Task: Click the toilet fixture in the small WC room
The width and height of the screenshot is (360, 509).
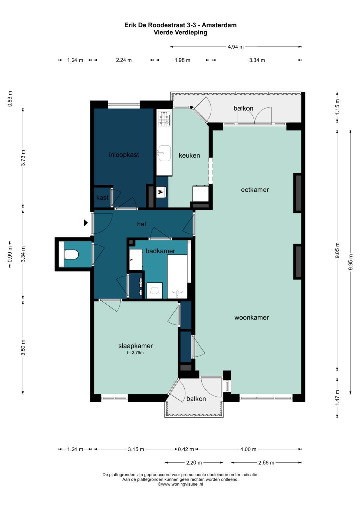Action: tap(71, 255)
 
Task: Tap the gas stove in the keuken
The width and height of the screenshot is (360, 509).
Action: tap(164, 118)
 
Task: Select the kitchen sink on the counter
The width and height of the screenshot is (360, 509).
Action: tap(164, 153)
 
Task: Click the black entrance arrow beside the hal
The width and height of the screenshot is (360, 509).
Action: tap(86, 223)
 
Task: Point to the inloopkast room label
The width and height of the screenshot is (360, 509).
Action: tap(124, 155)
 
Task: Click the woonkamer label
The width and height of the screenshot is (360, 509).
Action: tap(252, 317)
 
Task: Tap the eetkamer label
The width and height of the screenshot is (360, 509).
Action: tap(255, 190)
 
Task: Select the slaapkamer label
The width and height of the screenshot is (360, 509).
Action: tap(135, 346)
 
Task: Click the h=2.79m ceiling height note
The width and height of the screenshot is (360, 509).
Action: tap(135, 353)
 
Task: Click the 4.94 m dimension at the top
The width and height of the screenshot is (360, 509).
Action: tap(235, 47)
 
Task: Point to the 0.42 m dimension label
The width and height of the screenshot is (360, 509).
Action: tap(186, 449)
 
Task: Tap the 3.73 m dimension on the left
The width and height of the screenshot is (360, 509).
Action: tap(23, 158)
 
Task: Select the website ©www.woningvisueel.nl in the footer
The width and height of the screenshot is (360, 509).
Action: tap(180, 484)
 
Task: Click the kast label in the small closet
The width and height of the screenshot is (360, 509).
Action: tap(102, 197)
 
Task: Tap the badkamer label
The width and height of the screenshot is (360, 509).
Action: tap(160, 251)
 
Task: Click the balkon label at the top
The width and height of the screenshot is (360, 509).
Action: tap(243, 108)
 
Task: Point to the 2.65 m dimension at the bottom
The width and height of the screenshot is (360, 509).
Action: tap(266, 463)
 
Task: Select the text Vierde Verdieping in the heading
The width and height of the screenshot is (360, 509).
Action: tap(180, 32)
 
